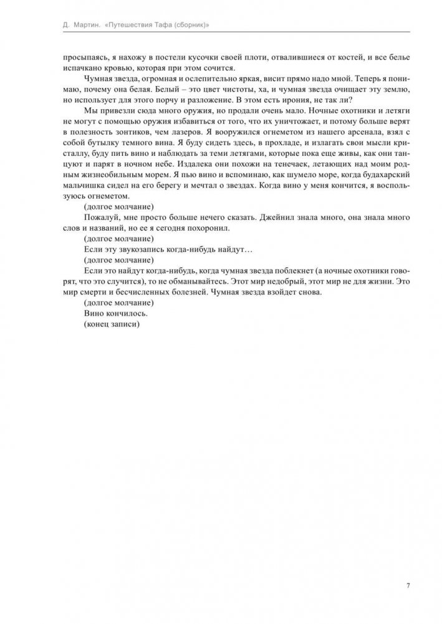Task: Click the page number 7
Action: pyautogui.click(x=408, y=585)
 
